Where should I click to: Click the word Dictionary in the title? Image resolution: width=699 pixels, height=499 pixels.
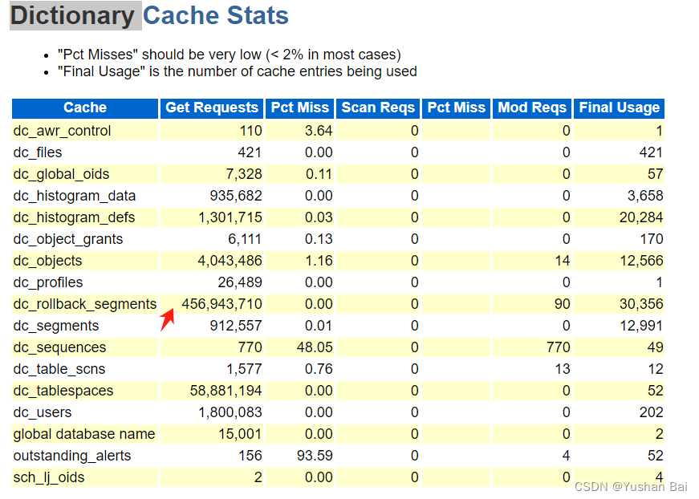(x=72, y=15)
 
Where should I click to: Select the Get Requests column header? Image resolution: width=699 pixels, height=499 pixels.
(x=212, y=108)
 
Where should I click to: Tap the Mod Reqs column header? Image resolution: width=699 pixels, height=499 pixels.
(x=532, y=108)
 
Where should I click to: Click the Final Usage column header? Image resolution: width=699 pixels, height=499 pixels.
(x=619, y=108)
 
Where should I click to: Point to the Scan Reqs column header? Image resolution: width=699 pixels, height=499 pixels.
(x=378, y=108)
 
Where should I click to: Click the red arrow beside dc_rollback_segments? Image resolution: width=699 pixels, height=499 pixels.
(x=168, y=318)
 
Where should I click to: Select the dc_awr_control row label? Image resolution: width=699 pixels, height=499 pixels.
(x=62, y=131)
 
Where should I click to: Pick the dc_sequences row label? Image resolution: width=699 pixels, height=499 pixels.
(x=59, y=347)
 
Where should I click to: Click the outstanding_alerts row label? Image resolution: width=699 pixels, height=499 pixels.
(x=71, y=456)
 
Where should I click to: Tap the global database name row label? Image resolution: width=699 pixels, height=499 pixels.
(x=84, y=434)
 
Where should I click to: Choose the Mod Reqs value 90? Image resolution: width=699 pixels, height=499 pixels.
(x=562, y=304)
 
